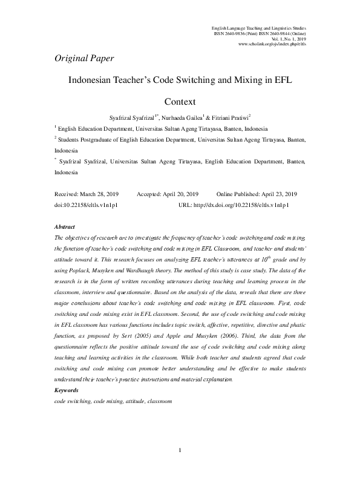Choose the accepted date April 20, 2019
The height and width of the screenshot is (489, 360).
tap(178, 194)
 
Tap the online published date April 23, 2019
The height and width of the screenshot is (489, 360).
tap(275, 194)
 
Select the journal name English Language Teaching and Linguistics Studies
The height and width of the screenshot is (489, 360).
tap(258, 28)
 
